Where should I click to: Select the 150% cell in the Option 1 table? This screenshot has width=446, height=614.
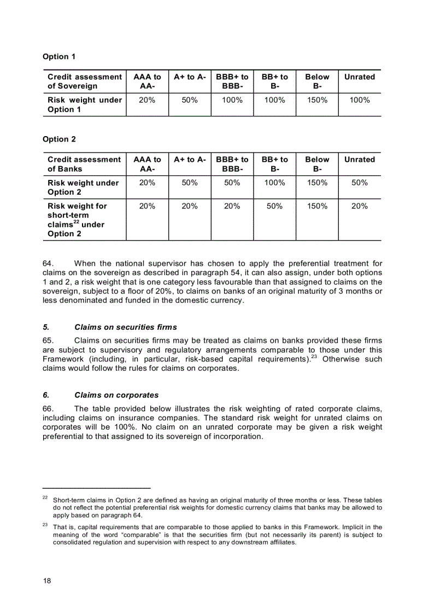point(317,100)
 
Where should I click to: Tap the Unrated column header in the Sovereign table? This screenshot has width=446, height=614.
point(359,77)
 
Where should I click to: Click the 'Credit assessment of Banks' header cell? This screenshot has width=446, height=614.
point(84,164)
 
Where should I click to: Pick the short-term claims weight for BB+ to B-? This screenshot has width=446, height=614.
point(274,206)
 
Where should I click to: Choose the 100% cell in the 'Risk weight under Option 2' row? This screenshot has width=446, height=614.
point(274,183)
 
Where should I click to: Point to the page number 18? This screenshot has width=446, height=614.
point(47,581)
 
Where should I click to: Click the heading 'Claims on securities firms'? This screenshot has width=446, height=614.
point(125,327)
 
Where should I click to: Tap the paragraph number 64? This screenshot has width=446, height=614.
point(48,264)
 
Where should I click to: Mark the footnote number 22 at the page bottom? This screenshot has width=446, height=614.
point(45,498)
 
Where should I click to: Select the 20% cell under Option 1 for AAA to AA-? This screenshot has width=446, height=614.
point(147,100)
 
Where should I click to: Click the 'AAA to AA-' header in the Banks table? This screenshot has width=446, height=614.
point(147,164)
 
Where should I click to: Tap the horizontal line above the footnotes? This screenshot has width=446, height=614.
point(96,487)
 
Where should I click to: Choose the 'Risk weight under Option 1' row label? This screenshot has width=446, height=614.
point(84,104)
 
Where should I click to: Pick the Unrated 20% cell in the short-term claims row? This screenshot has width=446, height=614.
point(359,206)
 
